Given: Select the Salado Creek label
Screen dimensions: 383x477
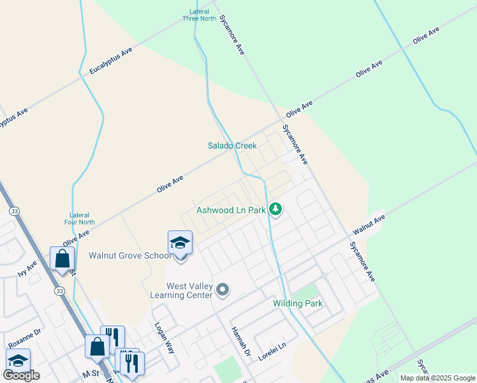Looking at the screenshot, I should (x=232, y=146).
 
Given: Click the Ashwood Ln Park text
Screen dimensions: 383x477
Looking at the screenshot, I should (x=231, y=209).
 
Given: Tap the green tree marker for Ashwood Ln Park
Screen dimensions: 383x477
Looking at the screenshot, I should (x=275, y=209).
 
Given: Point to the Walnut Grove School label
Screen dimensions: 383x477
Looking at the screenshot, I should (x=130, y=256).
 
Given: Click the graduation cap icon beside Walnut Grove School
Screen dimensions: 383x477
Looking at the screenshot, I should (x=180, y=244).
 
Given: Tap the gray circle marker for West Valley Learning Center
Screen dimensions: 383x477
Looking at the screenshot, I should (x=223, y=290).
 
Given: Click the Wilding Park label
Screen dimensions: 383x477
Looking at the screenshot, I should (x=298, y=304).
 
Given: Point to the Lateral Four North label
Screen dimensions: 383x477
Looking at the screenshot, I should (x=80, y=218).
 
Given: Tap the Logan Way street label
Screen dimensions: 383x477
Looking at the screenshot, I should (x=164, y=334).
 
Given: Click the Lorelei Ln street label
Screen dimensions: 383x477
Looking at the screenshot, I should (x=272, y=354).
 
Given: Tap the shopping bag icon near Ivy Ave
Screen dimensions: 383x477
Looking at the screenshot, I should (x=62, y=259).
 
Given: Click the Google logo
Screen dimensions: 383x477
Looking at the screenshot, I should (x=21, y=375).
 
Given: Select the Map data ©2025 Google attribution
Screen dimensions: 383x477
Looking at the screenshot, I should (x=437, y=378).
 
